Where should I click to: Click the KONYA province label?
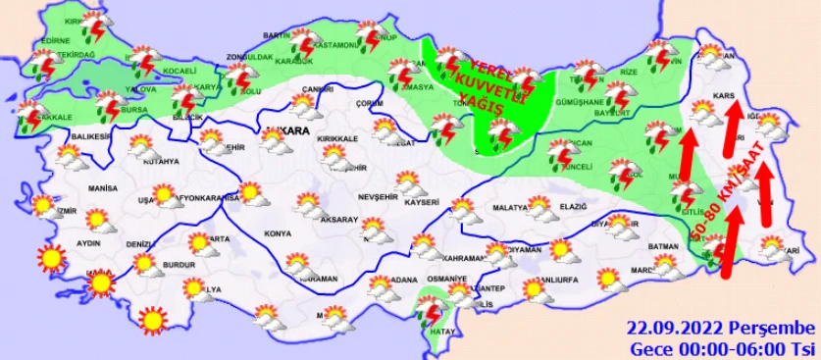coord(278,234)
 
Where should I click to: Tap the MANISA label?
coord(102,187)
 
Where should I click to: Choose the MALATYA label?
coord(511,207)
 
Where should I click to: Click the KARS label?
coord(711,99)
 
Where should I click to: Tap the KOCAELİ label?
coord(179,72)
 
